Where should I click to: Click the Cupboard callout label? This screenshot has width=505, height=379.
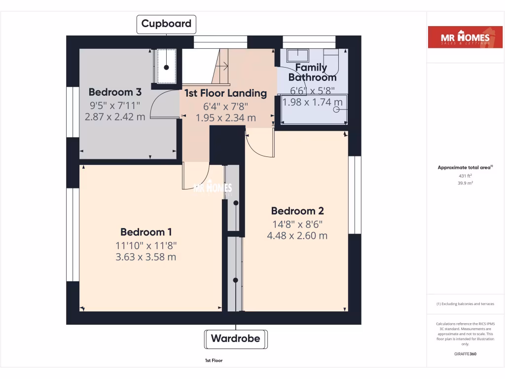167,24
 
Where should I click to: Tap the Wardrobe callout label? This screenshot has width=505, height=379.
236,339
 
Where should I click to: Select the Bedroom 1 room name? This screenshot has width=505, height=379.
146,232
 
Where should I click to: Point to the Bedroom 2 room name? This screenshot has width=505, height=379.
297,211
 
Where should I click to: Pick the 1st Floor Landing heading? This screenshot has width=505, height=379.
225,93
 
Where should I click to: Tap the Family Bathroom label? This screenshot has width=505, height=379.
312,73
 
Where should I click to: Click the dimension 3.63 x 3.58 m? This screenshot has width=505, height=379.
146,257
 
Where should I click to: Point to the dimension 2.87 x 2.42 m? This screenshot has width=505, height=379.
115,117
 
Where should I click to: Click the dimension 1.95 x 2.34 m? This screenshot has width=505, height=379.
225,118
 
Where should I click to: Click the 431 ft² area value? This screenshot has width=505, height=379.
466,176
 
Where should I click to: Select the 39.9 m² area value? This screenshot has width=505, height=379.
466,183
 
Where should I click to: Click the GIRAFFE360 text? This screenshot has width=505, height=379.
466,354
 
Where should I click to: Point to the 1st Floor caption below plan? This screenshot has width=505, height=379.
214,361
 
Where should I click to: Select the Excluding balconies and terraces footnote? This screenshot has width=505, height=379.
465,304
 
